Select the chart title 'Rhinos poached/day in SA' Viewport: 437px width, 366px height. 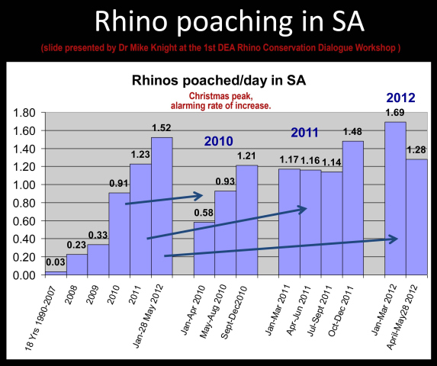(x=218, y=82)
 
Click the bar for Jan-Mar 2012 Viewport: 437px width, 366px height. (x=395, y=198)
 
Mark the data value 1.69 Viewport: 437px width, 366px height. (x=395, y=114)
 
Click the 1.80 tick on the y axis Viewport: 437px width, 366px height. (x=24, y=113)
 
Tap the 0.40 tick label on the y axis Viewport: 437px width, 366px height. (x=24, y=239)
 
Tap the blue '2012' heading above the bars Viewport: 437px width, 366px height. (x=401, y=98)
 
